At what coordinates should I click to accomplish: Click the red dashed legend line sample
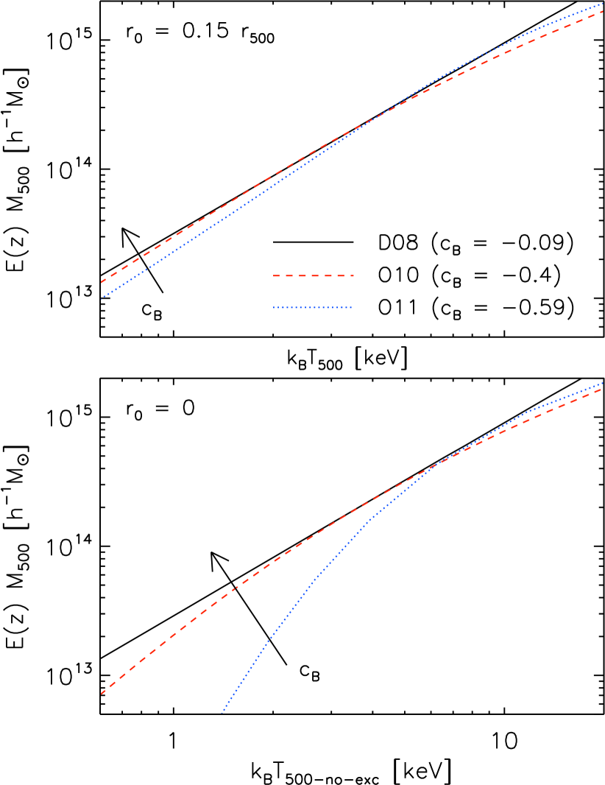point(314,275)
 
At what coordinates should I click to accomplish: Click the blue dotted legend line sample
point(312,307)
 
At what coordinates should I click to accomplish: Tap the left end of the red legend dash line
point(274,275)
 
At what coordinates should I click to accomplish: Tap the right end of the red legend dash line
point(353,275)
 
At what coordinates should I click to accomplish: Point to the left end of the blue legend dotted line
point(274,307)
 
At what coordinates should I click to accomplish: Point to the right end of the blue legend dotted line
point(351,307)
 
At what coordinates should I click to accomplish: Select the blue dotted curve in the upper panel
point(221,220)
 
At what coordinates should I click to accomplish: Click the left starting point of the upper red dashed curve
point(102,282)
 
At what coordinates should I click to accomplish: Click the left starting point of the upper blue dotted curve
point(102,299)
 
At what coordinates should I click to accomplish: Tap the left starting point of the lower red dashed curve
point(102,694)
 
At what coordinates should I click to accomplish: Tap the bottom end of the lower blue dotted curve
point(222,714)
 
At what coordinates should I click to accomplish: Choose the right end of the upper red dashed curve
point(603,11)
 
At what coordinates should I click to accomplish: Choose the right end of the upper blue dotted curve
point(603,4)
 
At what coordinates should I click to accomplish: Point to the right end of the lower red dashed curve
point(603,389)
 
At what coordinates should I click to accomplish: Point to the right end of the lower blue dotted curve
point(603,384)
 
